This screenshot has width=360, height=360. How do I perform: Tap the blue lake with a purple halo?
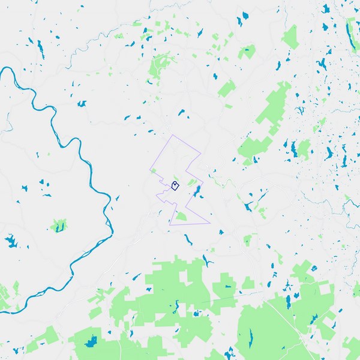click(196, 191)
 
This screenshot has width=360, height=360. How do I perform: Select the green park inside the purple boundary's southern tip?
click(181, 216)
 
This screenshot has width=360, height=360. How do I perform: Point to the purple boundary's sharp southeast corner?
click(210, 223)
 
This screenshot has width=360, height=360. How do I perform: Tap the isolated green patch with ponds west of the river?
click(58, 226)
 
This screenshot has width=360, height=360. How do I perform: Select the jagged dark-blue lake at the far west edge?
click(11, 242)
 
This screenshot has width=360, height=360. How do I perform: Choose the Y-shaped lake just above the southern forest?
click(207, 260)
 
